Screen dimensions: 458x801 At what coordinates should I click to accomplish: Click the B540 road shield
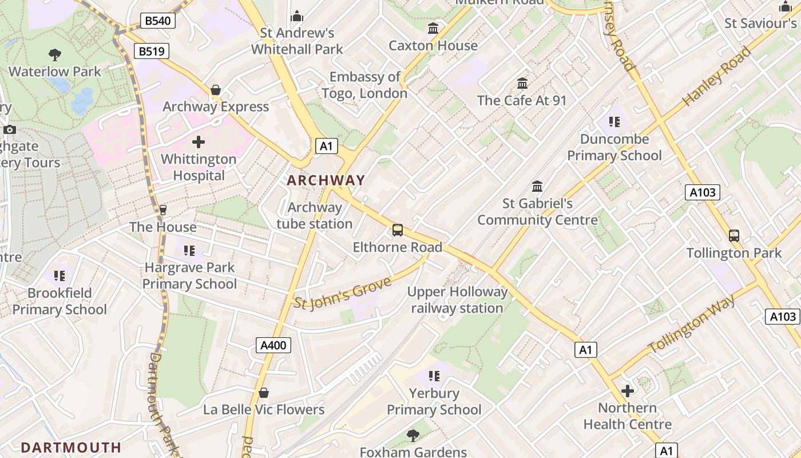tap(157, 21)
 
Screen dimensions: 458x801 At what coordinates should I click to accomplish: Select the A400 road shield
tap(273, 345)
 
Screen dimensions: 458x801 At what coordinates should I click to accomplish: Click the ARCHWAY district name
tap(326, 180)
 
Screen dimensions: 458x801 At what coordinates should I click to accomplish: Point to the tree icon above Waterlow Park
tap(55, 55)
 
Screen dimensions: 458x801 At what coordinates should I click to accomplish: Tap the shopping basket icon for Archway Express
tap(216, 90)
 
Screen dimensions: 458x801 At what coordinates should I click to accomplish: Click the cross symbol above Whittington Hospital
tap(199, 141)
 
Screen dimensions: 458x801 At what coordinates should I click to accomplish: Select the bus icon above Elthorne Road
tap(398, 230)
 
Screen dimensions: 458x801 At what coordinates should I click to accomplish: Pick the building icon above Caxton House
tap(433, 28)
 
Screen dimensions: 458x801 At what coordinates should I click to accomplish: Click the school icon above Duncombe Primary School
tap(614, 121)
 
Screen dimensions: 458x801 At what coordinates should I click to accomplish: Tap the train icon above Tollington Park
tap(734, 235)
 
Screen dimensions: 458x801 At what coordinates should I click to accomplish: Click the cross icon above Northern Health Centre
tap(628, 391)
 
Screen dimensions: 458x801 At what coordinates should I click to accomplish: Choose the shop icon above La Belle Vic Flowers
tap(264, 393)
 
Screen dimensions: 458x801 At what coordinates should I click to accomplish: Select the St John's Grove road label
tap(343, 293)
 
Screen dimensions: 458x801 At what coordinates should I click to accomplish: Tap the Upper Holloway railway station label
tap(457, 300)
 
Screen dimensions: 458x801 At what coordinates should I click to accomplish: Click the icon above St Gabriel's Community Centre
tap(537, 187)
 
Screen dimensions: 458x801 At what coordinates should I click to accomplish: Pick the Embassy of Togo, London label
tap(365, 85)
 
